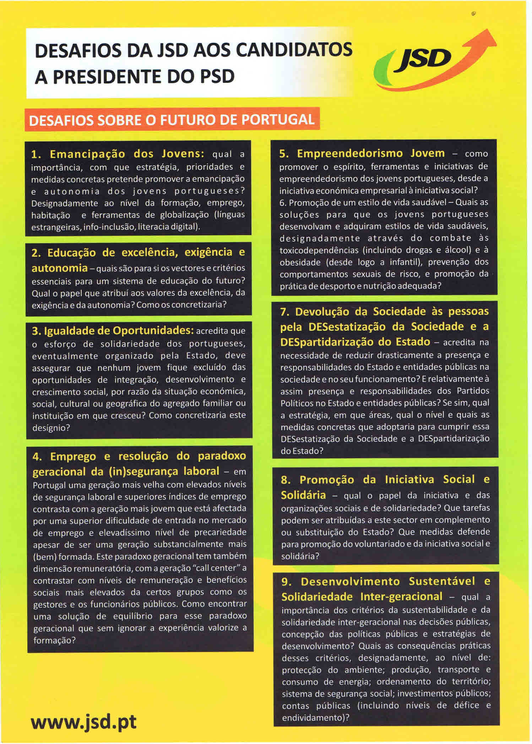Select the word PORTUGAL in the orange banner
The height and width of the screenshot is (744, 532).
click(x=278, y=120)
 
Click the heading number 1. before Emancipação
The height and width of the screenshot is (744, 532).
click(x=37, y=155)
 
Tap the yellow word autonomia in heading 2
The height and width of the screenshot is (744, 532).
click(x=60, y=268)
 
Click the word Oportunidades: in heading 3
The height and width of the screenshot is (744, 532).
click(x=153, y=331)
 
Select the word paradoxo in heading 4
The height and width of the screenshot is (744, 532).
click(x=222, y=456)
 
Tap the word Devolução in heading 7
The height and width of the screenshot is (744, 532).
click(x=322, y=312)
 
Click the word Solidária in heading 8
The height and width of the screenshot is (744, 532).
click(x=303, y=495)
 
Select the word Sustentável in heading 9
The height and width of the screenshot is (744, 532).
click(x=442, y=582)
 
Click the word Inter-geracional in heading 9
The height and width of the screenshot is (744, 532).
click(x=401, y=597)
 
